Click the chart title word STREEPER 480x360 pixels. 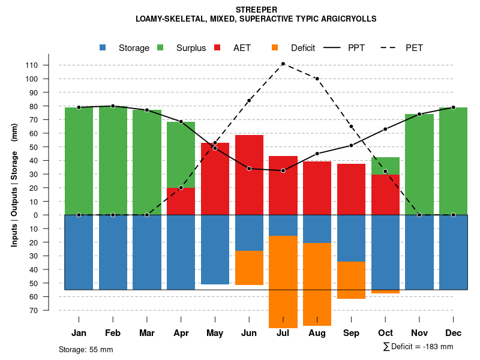pyautogui.click(x=256, y=10)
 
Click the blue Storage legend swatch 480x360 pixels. pyautogui.click(x=103, y=48)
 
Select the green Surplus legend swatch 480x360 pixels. pyautogui.click(x=160, y=48)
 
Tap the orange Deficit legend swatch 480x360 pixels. pyautogui.click(x=275, y=48)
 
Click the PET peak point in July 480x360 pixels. pyautogui.click(x=283, y=64)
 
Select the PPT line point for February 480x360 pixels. pyautogui.click(x=113, y=106)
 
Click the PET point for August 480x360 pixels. pyautogui.click(x=317, y=79)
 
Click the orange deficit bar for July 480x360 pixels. pyautogui.click(x=283, y=282)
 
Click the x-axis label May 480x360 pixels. pyautogui.click(x=215, y=333)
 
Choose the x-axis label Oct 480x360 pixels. pyautogui.click(x=385, y=333)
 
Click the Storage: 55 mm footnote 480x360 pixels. pyautogui.click(x=86, y=349)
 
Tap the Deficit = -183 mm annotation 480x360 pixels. pyautogui.click(x=418, y=347)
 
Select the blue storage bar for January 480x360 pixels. pyautogui.click(x=79, y=252)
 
